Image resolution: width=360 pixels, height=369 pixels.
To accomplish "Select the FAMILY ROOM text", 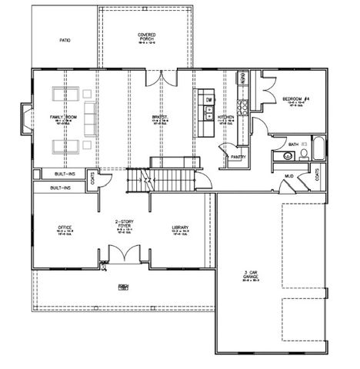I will [62, 116].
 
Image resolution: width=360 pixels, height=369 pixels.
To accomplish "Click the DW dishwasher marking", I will [208, 99].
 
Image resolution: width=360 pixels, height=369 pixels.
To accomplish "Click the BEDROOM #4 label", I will [295, 99].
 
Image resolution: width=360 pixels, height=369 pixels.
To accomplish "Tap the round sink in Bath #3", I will [288, 155].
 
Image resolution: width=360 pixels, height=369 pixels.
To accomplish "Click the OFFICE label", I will [65, 228].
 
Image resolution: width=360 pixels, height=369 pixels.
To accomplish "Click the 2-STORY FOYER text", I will [124, 224].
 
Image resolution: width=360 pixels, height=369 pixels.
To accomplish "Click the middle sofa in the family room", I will [88, 117].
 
